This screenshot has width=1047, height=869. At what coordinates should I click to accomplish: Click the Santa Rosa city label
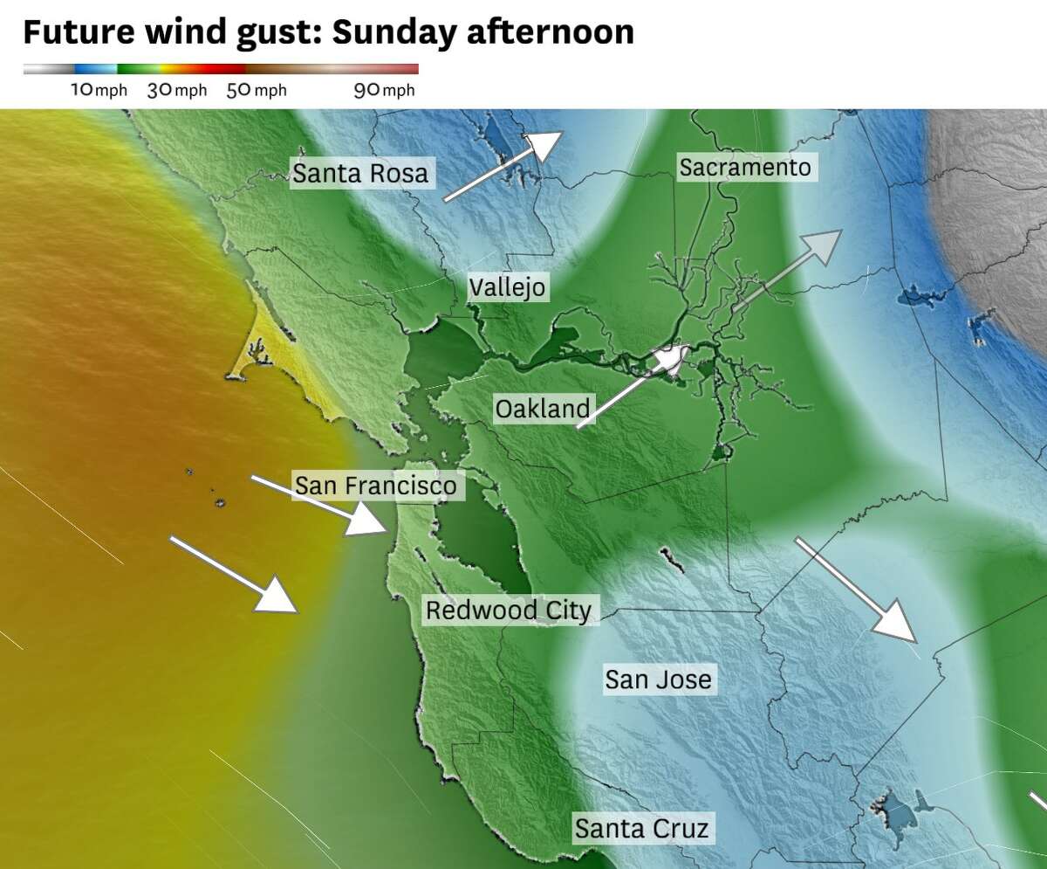click(x=360, y=173)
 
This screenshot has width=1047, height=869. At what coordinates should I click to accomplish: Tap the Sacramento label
click(x=745, y=167)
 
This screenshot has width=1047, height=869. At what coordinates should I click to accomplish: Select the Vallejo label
click(x=507, y=286)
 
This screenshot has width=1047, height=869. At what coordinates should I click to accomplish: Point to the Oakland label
click(x=542, y=408)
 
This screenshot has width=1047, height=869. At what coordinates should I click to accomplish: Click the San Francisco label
click(x=375, y=485)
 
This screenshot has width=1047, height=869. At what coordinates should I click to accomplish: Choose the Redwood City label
click(x=508, y=610)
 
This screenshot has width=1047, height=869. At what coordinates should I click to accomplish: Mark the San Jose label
click(x=659, y=679)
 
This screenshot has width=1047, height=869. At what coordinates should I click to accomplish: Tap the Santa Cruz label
click(x=641, y=827)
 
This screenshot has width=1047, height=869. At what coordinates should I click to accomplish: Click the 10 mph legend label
click(x=99, y=90)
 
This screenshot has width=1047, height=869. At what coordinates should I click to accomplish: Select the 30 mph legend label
click(x=177, y=90)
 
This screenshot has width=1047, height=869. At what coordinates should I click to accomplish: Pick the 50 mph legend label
click(x=256, y=90)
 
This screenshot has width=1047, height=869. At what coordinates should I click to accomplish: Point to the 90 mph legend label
click(x=384, y=90)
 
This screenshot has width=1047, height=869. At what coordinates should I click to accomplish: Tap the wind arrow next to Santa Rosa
click(x=502, y=167)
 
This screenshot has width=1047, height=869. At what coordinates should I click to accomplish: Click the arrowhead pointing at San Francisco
click(x=366, y=521)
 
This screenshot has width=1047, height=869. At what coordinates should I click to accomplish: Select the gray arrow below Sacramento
click(x=785, y=271)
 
